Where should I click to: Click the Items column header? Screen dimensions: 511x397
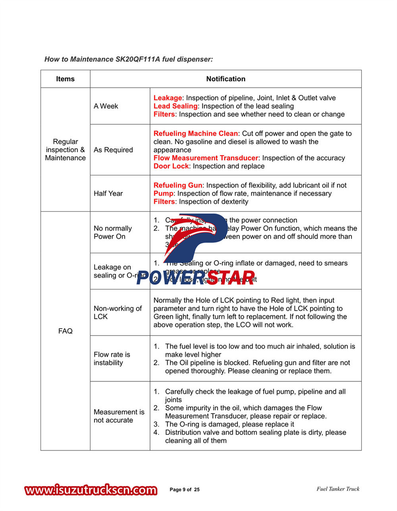(65, 79)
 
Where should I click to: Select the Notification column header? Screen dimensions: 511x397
(225, 79)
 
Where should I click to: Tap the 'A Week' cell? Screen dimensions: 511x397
(106, 106)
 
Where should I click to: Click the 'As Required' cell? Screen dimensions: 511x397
(113, 150)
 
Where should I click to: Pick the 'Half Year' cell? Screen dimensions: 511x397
(108, 194)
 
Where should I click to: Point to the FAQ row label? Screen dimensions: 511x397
(65, 331)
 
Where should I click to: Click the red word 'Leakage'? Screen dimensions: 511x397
(168, 98)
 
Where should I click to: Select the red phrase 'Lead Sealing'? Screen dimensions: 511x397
(175, 106)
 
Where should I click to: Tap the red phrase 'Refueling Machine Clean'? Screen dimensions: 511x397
(195, 134)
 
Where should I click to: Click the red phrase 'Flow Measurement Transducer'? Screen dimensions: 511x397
(206, 158)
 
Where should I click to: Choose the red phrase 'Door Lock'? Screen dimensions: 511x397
(171, 166)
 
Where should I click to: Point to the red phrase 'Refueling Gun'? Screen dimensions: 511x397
(178, 185)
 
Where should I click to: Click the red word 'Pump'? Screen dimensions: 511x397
(163, 194)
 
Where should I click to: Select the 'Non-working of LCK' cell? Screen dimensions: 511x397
(118, 313)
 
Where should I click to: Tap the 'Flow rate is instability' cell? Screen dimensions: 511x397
(112, 359)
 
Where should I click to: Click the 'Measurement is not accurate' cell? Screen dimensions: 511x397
(119, 416)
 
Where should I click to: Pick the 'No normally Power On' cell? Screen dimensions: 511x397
(112, 232)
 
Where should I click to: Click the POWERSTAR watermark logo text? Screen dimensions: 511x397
(196, 277)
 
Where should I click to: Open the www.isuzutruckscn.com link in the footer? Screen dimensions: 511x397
(91, 490)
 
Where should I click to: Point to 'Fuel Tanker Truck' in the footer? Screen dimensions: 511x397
(338, 489)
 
